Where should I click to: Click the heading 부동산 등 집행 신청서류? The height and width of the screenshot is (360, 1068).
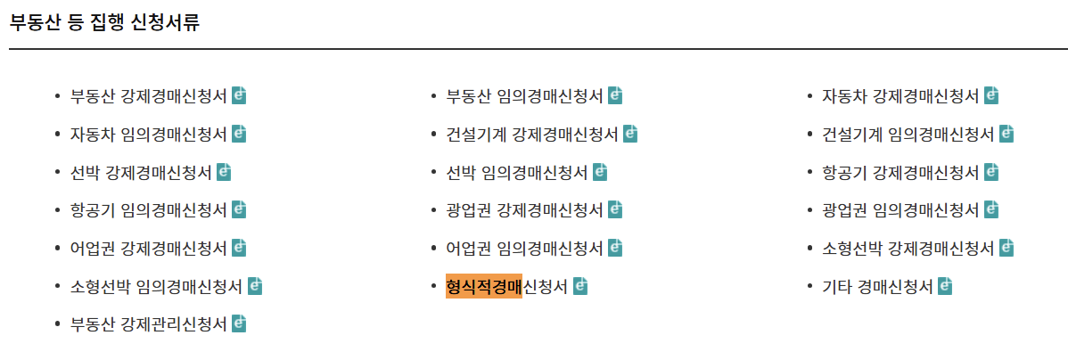click(x=104, y=22)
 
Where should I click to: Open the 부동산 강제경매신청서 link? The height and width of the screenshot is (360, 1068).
click(x=148, y=95)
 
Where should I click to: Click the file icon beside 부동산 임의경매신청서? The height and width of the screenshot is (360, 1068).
click(x=615, y=95)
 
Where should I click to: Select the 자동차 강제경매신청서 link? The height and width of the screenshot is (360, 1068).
click(x=900, y=95)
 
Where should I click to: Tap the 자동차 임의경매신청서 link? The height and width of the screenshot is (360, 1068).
click(x=148, y=134)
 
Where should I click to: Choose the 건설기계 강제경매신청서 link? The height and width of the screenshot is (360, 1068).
click(x=531, y=134)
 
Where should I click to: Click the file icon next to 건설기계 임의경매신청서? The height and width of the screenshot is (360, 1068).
click(x=1006, y=134)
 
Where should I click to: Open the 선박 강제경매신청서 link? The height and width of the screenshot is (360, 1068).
click(x=141, y=172)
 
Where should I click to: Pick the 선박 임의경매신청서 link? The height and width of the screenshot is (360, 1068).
click(x=516, y=172)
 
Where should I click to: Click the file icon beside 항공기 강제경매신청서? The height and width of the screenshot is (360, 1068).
click(x=990, y=172)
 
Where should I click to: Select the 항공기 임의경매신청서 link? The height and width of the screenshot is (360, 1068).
click(x=148, y=210)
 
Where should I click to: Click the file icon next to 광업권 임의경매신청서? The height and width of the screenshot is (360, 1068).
click(x=990, y=210)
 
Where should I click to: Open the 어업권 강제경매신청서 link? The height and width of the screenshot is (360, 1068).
click(x=148, y=249)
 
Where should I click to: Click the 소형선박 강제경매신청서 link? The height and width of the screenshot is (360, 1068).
click(x=908, y=249)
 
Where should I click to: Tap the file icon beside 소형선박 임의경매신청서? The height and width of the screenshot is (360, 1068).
click(x=255, y=287)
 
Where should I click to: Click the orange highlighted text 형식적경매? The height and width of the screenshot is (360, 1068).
click(x=483, y=287)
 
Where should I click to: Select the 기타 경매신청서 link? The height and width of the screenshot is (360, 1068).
click(x=877, y=287)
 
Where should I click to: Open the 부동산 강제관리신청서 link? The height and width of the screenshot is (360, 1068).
click(x=148, y=324)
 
